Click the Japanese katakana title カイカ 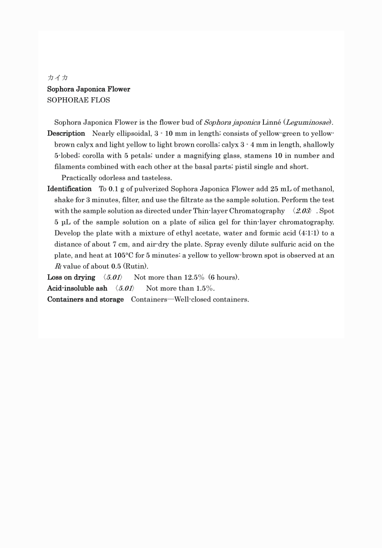(x=58, y=78)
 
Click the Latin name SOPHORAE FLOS (x=79, y=100)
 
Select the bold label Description (x=66, y=134)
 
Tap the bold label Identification (x=69, y=189)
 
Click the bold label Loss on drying (x=71, y=277)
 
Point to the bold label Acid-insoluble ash (x=77, y=288)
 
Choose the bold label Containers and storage (x=85, y=299)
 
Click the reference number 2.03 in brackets (x=302, y=211)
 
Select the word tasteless (x=157, y=178)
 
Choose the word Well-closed (x=193, y=299)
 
